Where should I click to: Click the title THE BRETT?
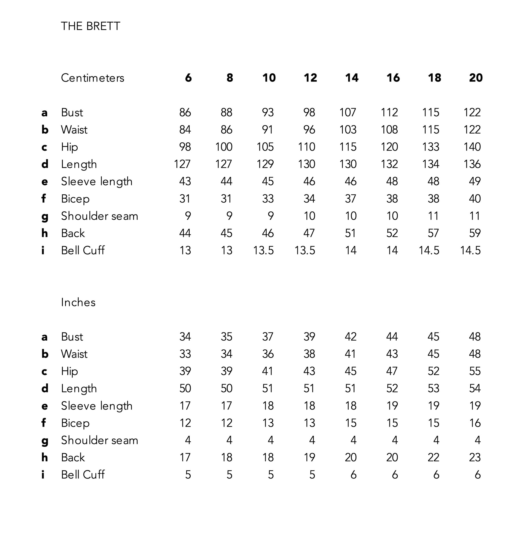tap(90, 26)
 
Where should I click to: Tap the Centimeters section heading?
tap(92, 78)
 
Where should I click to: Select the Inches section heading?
tap(78, 302)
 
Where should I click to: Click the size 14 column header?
tap(351, 78)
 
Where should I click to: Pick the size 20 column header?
tap(476, 78)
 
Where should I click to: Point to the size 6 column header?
tap(188, 78)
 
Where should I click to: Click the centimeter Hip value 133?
tap(430, 147)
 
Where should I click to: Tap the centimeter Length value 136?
tap(472, 164)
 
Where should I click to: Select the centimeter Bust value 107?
tap(348, 113)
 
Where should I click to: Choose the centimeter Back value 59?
tap(474, 233)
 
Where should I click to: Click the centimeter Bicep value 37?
tap(350, 199)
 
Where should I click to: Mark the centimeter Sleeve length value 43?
tap(185, 181)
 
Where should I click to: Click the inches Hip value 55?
tap(474, 371)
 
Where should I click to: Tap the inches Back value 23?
tap(474, 458)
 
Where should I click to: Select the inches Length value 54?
tap(474, 388)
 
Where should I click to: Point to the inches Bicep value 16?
tap(474, 423)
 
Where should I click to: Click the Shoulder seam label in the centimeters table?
tap(99, 216)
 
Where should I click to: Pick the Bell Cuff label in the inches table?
tap(83, 475)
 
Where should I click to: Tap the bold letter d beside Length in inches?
tap(45, 388)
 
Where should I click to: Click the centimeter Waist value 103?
tap(348, 130)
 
